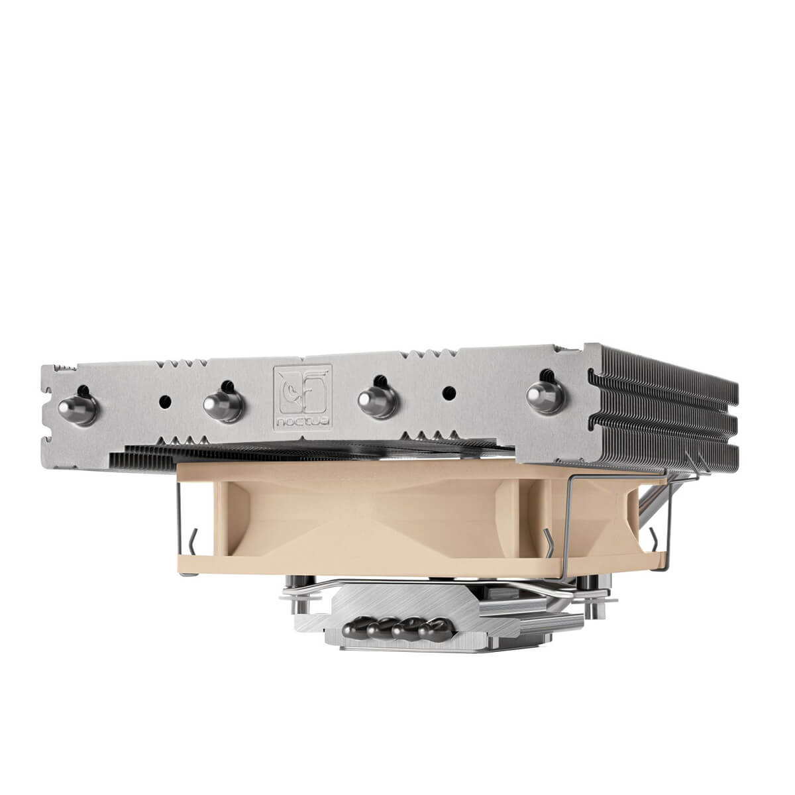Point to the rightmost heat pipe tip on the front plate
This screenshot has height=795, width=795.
541,396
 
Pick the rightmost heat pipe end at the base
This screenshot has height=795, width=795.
437,623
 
